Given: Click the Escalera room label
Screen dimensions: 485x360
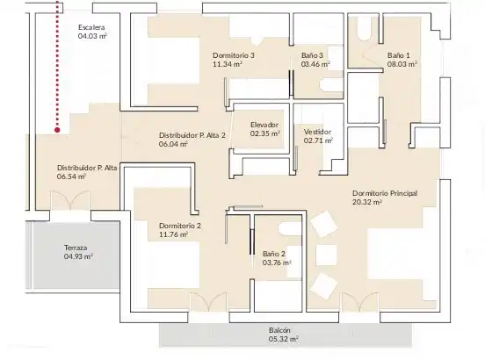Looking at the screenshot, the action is tap(91, 27).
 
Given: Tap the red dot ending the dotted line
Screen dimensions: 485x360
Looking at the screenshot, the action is tap(57, 130).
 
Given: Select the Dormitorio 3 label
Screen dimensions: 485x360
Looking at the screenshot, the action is tap(234, 55).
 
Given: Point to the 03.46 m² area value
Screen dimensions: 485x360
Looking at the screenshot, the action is tap(315, 64).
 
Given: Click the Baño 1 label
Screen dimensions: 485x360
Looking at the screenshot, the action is tap(398, 55).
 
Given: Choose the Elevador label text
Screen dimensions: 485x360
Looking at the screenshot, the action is tap(264, 125).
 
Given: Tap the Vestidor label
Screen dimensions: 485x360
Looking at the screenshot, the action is tap(317, 132).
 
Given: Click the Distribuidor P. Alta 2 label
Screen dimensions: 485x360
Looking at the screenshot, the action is tap(192, 135).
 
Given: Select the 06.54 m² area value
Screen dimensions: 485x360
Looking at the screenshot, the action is tap(71, 176).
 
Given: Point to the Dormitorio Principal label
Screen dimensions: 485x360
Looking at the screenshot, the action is tap(385, 193).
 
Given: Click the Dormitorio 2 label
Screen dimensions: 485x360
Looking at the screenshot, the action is tap(180, 226).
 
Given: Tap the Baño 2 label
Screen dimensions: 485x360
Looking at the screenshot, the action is tap(274, 254).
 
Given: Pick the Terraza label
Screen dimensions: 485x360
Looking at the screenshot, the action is tap(76, 248).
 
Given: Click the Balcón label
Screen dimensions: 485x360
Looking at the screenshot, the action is tap(279, 330).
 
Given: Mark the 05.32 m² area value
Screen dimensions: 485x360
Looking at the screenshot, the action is tap(283, 339).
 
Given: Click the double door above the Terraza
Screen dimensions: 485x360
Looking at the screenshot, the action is tap(70, 201).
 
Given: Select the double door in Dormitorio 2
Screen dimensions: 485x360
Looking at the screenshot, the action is tap(209, 302).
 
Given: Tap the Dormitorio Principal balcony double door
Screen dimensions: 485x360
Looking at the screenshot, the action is tap(359, 302).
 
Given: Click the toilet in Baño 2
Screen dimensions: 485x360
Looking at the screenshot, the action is tap(290, 229).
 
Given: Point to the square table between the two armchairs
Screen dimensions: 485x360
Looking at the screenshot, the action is tap(326, 256).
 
